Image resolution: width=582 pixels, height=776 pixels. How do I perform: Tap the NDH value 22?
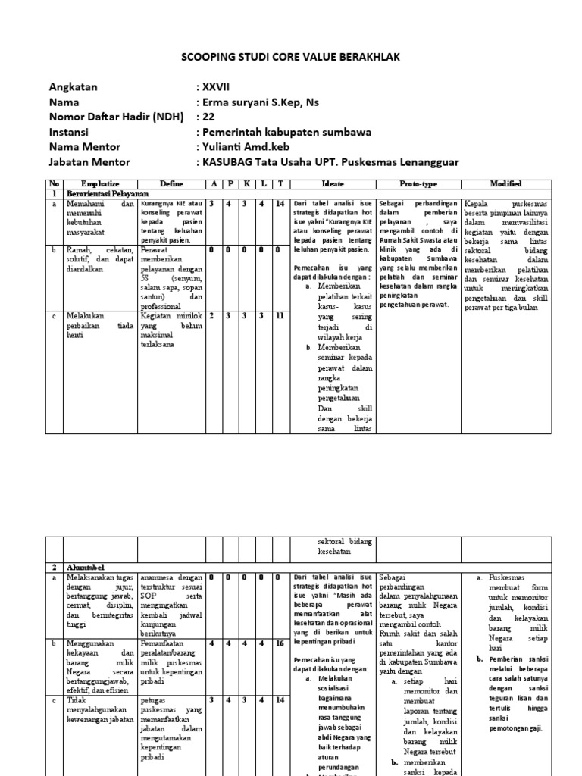[208, 117]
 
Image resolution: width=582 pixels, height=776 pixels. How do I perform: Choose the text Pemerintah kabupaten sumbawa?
[284, 132]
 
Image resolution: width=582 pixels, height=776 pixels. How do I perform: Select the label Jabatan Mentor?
[89, 162]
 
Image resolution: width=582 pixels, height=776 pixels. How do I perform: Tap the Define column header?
[171, 184]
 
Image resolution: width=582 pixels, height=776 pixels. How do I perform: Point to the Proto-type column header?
[418, 184]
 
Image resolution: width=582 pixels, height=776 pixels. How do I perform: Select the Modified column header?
[506, 184]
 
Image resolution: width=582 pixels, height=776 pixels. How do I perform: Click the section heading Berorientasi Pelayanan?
[106, 194]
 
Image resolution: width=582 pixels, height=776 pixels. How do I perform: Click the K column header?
[245, 184]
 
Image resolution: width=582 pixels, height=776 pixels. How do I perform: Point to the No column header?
[54, 184]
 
